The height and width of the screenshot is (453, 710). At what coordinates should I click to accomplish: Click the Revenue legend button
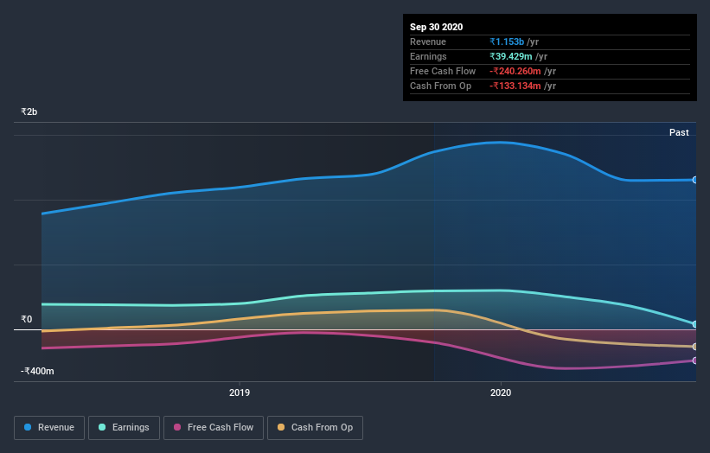[50, 427]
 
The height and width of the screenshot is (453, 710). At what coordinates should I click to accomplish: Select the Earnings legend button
[125, 427]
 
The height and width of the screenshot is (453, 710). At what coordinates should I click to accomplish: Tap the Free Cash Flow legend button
[214, 427]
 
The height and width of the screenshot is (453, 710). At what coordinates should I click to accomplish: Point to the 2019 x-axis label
[240, 392]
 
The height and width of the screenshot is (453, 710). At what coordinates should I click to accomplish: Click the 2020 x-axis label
[501, 392]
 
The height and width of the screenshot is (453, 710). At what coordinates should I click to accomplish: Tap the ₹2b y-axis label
[29, 112]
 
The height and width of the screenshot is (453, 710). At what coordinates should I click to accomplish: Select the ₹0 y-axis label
[26, 319]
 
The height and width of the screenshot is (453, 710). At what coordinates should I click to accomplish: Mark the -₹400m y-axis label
[38, 371]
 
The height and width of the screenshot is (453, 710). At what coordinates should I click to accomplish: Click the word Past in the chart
[679, 132]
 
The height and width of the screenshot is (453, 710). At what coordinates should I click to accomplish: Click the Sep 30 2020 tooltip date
[437, 27]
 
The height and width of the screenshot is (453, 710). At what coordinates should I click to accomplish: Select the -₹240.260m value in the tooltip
[515, 71]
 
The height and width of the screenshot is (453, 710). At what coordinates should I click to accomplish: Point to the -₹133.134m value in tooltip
[515, 86]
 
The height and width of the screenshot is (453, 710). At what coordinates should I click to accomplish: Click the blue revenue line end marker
[694, 180]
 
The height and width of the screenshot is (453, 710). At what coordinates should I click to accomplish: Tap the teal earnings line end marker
[694, 324]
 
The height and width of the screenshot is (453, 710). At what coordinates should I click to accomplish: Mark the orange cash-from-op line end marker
[694, 347]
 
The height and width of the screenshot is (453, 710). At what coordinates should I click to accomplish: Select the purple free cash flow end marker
[694, 360]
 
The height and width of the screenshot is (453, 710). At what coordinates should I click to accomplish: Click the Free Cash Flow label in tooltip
[443, 71]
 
